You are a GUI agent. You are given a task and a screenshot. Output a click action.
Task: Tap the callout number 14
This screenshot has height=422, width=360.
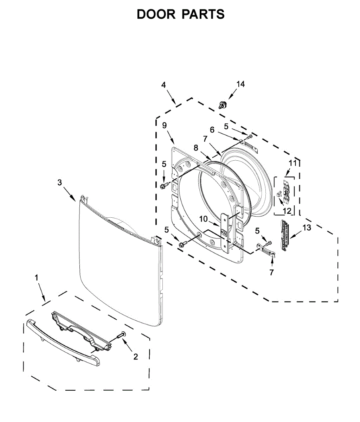pos(240,84)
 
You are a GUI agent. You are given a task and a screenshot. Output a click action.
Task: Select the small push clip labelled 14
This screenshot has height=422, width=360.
pos(222,104)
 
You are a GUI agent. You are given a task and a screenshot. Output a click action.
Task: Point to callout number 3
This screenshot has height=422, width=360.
pos(59,182)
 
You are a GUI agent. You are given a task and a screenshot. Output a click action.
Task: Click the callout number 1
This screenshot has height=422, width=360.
pos(37,278)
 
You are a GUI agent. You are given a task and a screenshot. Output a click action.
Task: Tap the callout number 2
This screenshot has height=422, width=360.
pos(136,357)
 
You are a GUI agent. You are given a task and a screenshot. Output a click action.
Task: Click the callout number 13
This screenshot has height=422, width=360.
pos(307,228)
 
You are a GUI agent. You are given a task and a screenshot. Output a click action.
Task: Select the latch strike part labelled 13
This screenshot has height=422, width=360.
pos(284,235)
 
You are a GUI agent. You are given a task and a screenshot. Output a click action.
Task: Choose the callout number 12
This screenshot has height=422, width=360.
pos(287,211)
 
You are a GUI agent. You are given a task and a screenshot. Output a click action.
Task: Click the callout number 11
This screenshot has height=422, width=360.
pos(292,163)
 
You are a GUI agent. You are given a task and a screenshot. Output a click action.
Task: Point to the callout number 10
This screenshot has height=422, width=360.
pos(204,219)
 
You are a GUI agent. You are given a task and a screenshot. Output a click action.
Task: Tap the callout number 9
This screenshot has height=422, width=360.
pos(165,125)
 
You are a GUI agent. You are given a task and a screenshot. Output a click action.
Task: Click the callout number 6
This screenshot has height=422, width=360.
pos(212,130)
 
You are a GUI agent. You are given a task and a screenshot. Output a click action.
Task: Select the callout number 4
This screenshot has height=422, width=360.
pos(163,85)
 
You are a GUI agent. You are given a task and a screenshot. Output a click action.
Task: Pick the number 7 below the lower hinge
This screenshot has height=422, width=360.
pos(271,272)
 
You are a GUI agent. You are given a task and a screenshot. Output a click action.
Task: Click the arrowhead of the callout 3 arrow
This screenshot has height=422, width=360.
pos(75,200)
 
